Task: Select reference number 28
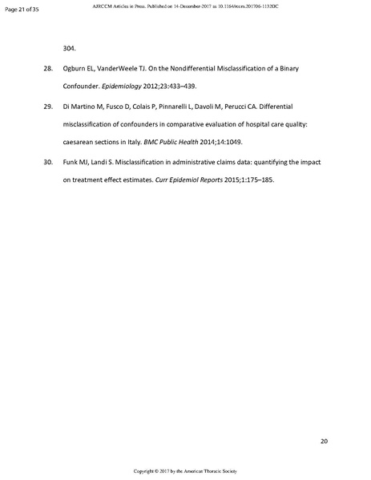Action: [47, 70]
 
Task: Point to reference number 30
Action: [47, 162]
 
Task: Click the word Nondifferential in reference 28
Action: [200, 70]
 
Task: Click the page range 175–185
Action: [256, 179]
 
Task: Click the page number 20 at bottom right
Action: [324, 440]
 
